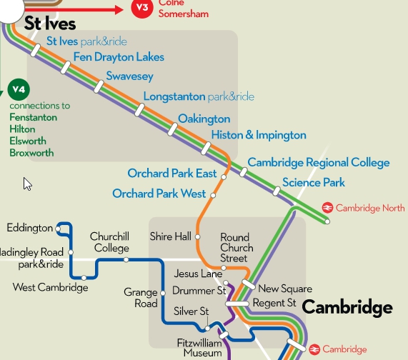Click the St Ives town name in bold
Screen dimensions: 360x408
pos(50,23)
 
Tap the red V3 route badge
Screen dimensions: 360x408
pos(143,9)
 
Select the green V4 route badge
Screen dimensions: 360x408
pos(19,91)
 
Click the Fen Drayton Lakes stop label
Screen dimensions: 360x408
pos(119,57)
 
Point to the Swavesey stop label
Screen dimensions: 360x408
pos(129,76)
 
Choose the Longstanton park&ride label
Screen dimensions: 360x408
pos(199,96)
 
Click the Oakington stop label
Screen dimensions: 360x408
pos(204,119)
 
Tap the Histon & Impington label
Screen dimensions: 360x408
pos(259,135)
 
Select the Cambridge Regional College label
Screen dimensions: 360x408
pos(319,163)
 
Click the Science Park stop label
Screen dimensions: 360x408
pos(314,183)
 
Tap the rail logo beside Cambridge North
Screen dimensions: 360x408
pos(327,208)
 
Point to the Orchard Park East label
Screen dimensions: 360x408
pos(172,174)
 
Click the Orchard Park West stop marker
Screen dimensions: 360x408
pos(213,194)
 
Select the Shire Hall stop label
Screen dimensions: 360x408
pos(170,236)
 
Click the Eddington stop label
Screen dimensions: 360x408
pos(29,228)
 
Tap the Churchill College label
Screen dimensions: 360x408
pos(109,242)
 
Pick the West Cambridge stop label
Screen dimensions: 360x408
pos(51,288)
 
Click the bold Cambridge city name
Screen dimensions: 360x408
pos(347,308)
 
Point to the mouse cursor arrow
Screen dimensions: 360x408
pos(27,184)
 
